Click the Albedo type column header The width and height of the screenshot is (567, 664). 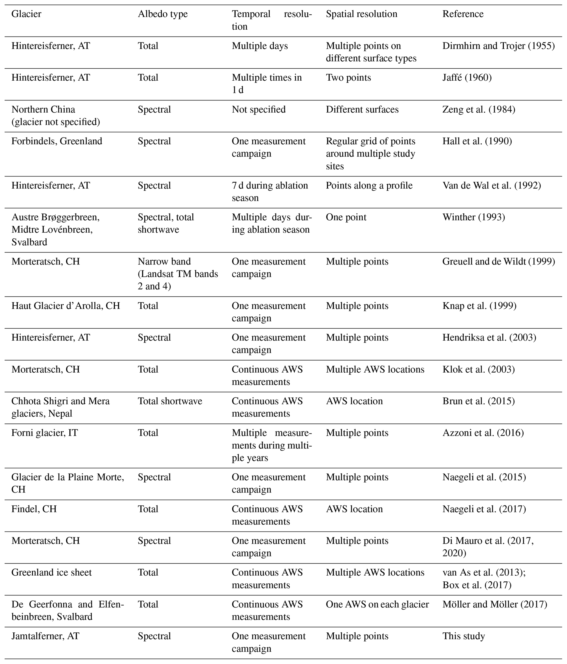click(x=162, y=14)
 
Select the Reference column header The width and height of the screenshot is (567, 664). click(x=463, y=14)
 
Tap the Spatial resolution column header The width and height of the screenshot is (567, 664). click(x=361, y=14)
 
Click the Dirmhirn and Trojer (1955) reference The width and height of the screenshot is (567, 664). click(x=498, y=46)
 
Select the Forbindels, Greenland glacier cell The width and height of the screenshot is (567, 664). click(x=57, y=141)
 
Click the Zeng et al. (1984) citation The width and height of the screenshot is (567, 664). click(x=479, y=109)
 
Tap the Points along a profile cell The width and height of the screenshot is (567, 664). click(x=369, y=185)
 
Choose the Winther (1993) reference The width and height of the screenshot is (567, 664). click(x=473, y=217)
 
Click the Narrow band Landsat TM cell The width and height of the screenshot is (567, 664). click(x=178, y=274)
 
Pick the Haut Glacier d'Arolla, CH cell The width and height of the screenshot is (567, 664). click(x=66, y=306)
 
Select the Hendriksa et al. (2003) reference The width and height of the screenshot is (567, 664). click(x=489, y=337)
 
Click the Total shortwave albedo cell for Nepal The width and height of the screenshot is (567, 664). click(x=170, y=401)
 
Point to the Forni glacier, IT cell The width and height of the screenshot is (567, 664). click(x=44, y=433)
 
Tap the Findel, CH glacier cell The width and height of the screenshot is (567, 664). click(x=34, y=509)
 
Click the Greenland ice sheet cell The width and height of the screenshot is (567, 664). click(x=52, y=573)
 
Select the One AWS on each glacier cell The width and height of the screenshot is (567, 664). click(x=377, y=604)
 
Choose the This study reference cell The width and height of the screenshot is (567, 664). click(x=464, y=636)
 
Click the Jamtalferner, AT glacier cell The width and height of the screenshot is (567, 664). click(x=45, y=636)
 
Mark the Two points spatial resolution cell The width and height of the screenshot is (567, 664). click(x=348, y=78)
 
